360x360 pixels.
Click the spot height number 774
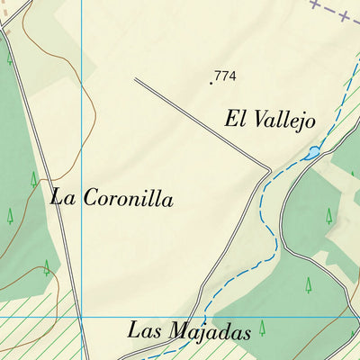tap(226, 76)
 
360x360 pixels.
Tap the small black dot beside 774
tap(211, 83)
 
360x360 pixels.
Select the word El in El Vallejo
tap(235, 118)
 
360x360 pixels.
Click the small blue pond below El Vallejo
tap(310, 153)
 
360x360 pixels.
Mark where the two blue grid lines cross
tap(82, 318)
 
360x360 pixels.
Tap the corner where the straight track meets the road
tap(269, 167)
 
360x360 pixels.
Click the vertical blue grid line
tap(82, 135)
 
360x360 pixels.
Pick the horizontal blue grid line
tap(180, 318)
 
